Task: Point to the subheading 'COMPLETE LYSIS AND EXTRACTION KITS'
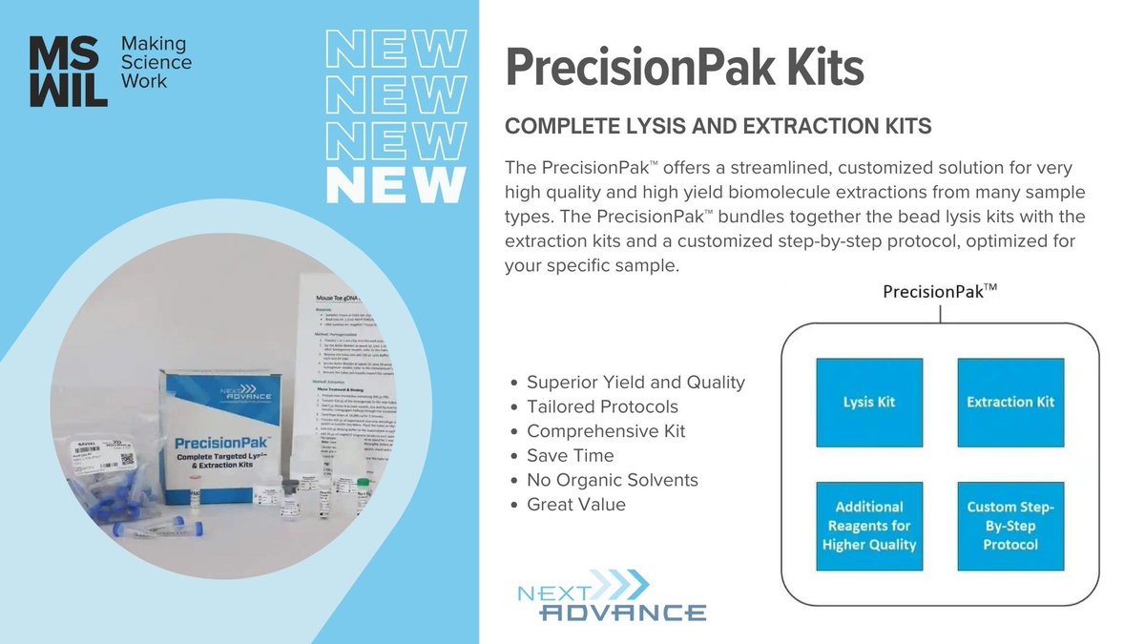click(718, 127)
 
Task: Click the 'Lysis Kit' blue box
click(869, 402)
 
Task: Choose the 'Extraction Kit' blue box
click(1010, 402)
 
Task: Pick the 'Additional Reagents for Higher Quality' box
click(869, 526)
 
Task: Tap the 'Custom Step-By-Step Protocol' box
click(1010, 526)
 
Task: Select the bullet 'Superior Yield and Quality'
click(635, 383)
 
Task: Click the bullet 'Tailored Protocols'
click(602, 407)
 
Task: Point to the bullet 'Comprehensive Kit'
click(606, 431)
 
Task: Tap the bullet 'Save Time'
click(571, 456)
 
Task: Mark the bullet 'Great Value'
click(576, 505)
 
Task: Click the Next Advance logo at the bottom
click(611, 596)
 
